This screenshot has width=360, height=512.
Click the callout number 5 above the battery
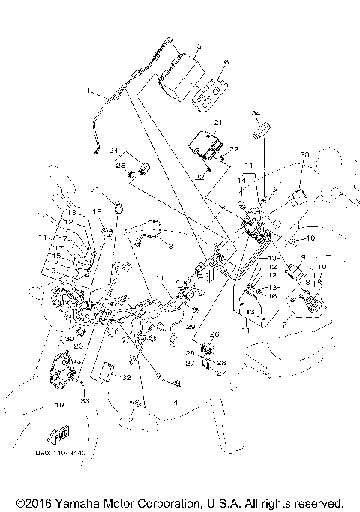click(x=199, y=46)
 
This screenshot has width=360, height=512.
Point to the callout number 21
click(x=219, y=121)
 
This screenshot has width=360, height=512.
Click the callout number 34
click(x=255, y=113)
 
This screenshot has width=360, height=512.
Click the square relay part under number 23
click(x=298, y=198)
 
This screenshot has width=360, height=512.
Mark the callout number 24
click(x=114, y=151)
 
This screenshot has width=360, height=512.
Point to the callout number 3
click(x=169, y=245)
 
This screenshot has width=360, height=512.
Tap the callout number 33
click(x=85, y=403)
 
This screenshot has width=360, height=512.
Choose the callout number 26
click(x=214, y=334)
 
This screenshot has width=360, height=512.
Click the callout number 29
click(x=190, y=327)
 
